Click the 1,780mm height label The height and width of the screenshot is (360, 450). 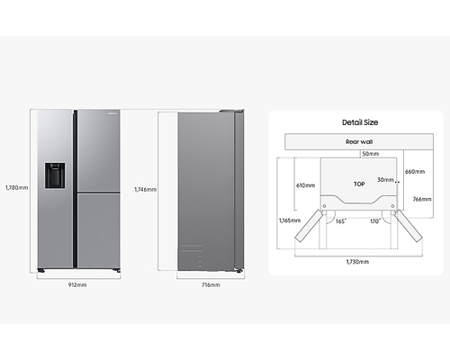point(17,188)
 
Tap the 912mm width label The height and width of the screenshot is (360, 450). point(77,285)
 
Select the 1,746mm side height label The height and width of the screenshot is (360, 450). point(146,190)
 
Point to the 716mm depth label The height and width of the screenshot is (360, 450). point(211,285)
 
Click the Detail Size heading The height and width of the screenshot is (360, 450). point(360,122)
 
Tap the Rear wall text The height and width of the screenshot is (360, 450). point(359,142)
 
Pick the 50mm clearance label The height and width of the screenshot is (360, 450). point(371,154)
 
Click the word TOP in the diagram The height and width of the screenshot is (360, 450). point(359,184)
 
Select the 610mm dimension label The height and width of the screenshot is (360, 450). point(306,185)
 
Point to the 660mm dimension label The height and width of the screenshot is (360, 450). point(415,172)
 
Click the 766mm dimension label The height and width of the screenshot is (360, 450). point(422,199)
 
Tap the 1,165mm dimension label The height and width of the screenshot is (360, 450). point(290,220)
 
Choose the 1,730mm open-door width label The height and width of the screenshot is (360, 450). point(357,262)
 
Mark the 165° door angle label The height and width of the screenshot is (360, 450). point(341,221)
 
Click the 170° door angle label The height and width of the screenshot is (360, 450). point(375,221)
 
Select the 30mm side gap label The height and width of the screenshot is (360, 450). point(385,180)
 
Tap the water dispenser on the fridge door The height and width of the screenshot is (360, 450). point(55,175)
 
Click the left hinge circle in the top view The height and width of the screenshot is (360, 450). point(324,206)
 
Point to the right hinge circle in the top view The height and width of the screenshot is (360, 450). point(393,206)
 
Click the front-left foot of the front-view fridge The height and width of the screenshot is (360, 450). point(41,271)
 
